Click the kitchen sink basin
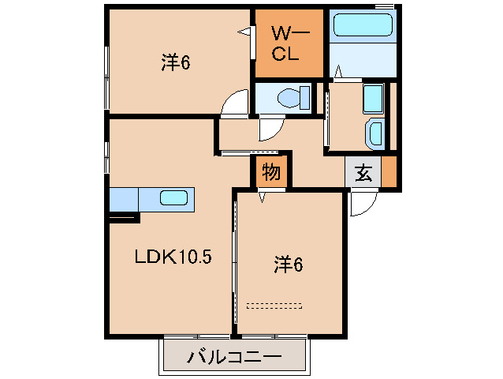pos(174,197)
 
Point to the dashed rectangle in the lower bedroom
pos(274,304)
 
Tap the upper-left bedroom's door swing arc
pos(234,103)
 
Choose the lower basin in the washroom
pos(375,133)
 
